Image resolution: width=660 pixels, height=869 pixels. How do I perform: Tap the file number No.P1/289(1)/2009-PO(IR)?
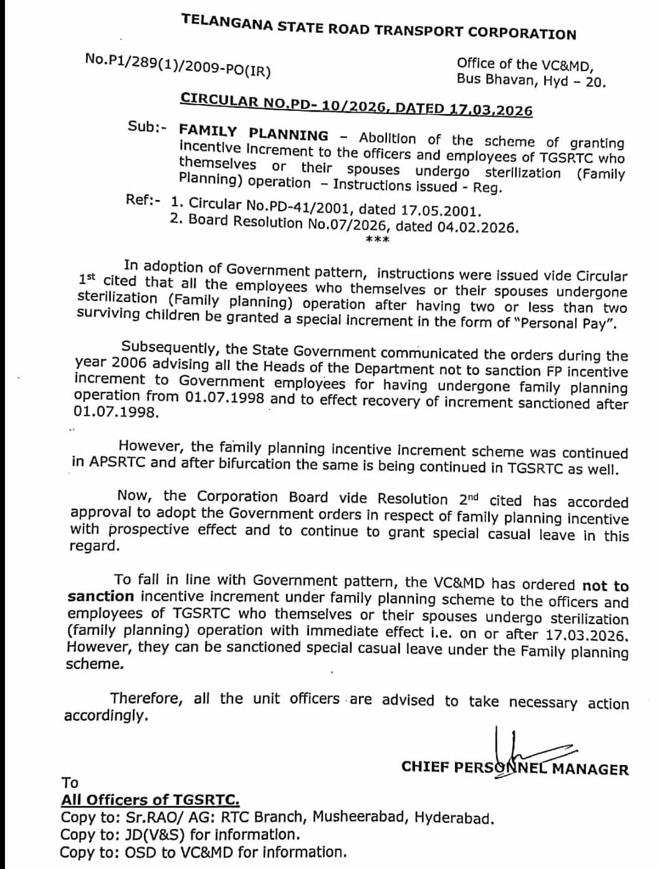[x=178, y=65]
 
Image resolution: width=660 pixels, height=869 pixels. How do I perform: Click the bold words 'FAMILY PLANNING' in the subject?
[x=254, y=133]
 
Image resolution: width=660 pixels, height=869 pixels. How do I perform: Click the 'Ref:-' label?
[x=143, y=200]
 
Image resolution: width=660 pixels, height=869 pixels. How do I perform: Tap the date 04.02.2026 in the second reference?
[x=477, y=227]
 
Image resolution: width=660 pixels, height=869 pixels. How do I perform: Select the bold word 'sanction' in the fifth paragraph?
[x=100, y=596]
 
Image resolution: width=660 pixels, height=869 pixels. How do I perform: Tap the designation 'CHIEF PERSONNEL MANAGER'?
[x=515, y=767]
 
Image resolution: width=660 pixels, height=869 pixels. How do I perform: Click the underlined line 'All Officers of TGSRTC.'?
[x=150, y=800]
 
